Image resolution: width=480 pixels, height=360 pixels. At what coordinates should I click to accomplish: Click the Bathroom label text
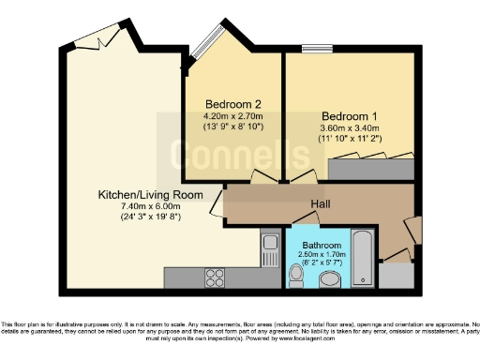pos(322,245)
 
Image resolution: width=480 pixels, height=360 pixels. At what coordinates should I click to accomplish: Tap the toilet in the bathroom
pos(296,273)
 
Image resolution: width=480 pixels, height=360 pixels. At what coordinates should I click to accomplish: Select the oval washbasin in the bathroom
pos(329,279)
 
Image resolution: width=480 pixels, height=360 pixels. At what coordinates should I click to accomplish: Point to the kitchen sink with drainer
pos(270,252)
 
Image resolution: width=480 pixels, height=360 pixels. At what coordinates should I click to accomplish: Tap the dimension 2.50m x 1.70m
pos(322,254)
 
